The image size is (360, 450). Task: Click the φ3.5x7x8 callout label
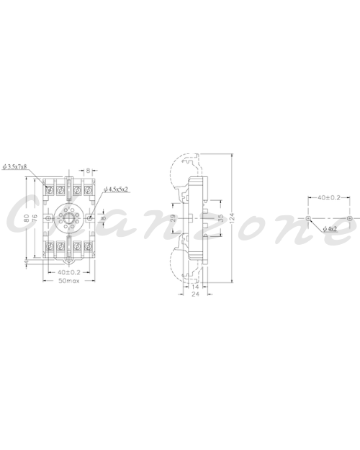14,166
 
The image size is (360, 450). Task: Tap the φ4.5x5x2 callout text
116,189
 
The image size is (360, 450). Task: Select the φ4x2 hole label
330,229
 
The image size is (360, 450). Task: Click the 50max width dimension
69,281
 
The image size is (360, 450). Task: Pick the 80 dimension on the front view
27,218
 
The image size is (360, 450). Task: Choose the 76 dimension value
35,218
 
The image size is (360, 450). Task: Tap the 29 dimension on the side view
173,218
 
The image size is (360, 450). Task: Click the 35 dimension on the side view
220,218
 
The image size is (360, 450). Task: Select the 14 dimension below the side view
195,287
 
